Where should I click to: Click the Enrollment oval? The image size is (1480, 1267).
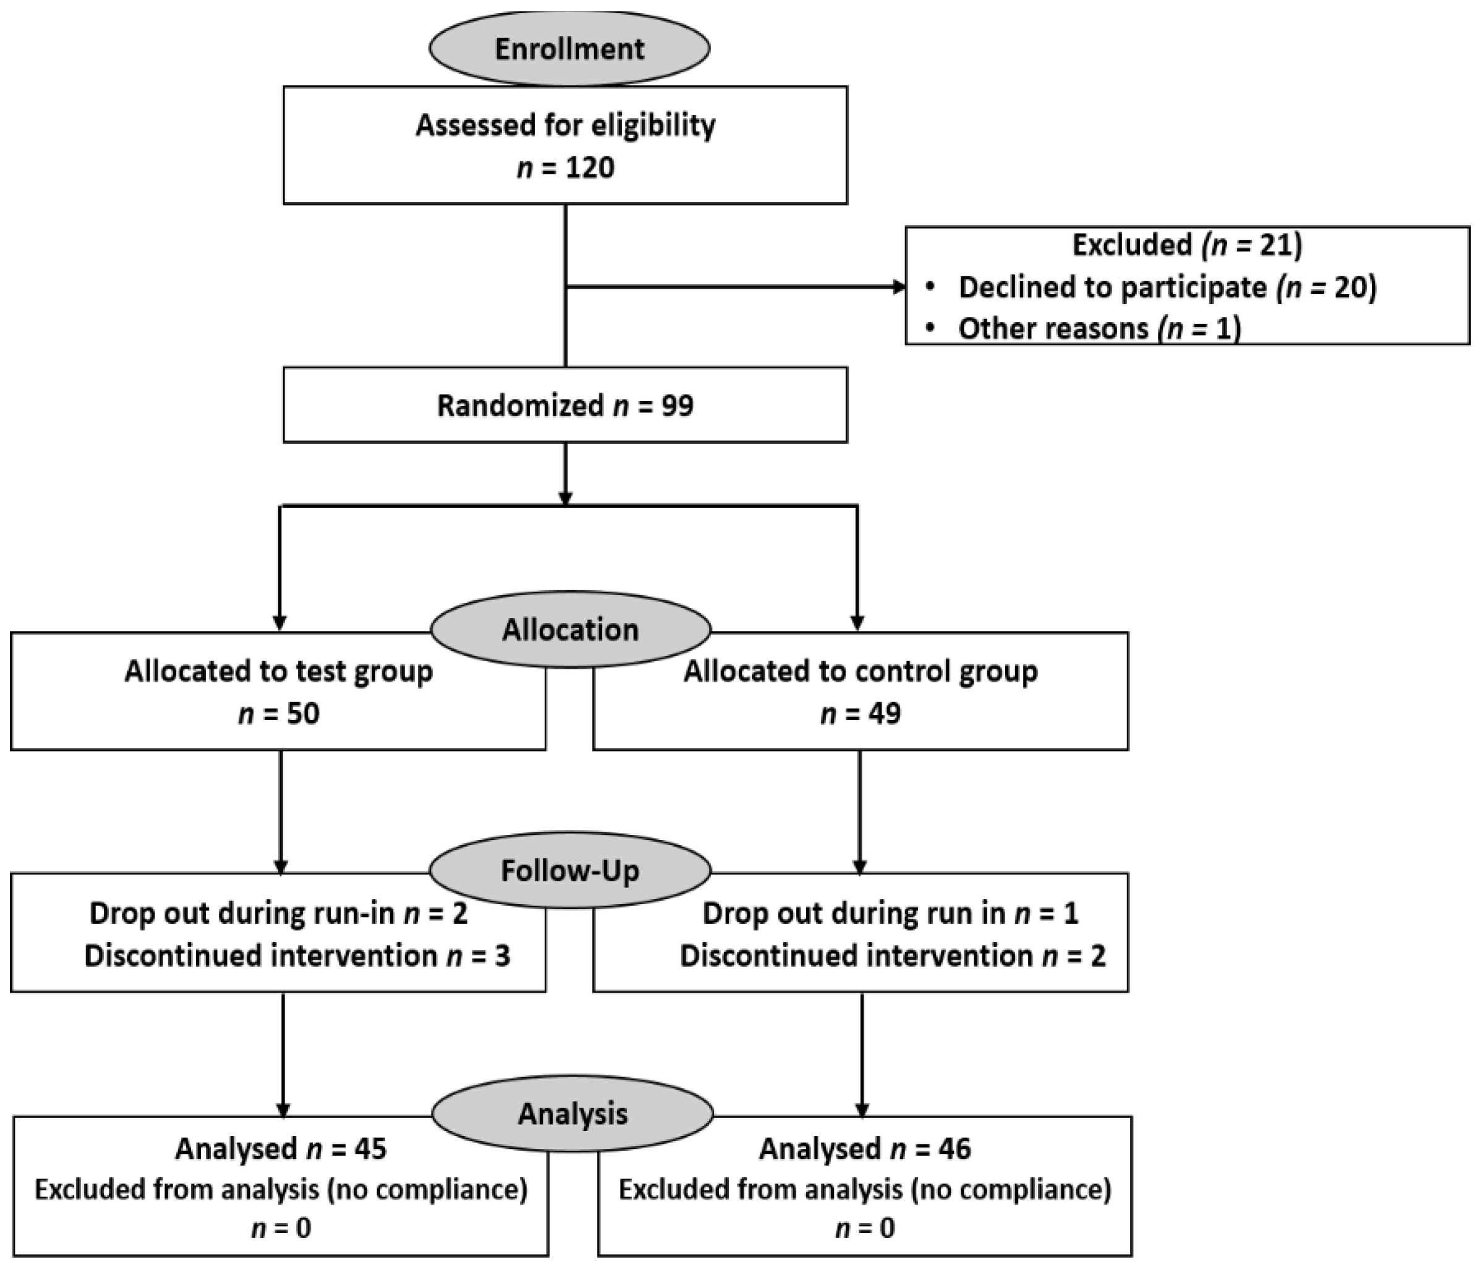coord(569,49)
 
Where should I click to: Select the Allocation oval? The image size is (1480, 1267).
coord(571,629)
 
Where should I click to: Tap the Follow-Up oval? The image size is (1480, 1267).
coord(570,870)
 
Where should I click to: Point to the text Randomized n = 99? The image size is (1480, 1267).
coord(565,405)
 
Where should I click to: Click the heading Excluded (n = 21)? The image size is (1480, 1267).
coord(1187,245)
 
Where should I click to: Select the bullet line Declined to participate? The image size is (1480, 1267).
coord(1167,287)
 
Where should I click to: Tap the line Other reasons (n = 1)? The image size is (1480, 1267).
coord(1099,329)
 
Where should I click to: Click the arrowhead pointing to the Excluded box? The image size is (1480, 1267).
coord(899,287)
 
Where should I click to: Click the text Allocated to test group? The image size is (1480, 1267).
coord(279,671)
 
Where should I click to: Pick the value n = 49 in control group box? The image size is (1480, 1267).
coord(861,713)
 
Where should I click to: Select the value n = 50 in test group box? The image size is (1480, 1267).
coord(279,713)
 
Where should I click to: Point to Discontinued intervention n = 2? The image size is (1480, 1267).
coord(892,956)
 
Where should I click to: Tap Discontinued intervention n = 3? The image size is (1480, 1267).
coord(297,956)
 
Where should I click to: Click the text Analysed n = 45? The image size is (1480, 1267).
coord(281,1149)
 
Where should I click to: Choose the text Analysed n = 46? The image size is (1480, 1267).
coord(865,1149)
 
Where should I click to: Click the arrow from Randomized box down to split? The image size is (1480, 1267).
coord(566,475)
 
